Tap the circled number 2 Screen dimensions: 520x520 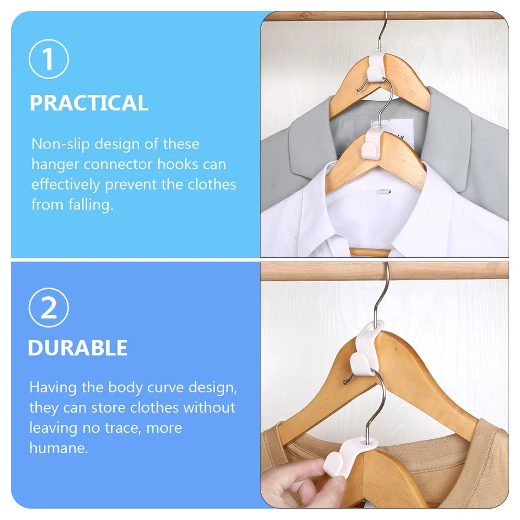coord(49,307)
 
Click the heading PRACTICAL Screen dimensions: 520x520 coord(89,103)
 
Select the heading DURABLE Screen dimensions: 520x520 coord(77,348)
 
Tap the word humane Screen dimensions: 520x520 coord(58,448)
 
